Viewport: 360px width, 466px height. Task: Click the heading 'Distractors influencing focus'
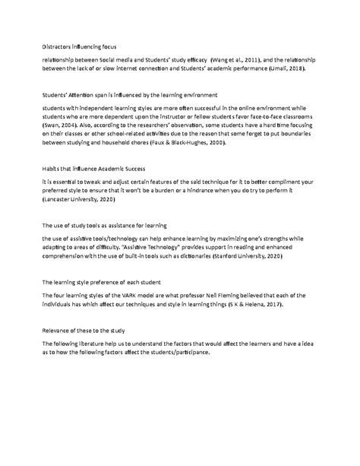pos(79,47)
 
